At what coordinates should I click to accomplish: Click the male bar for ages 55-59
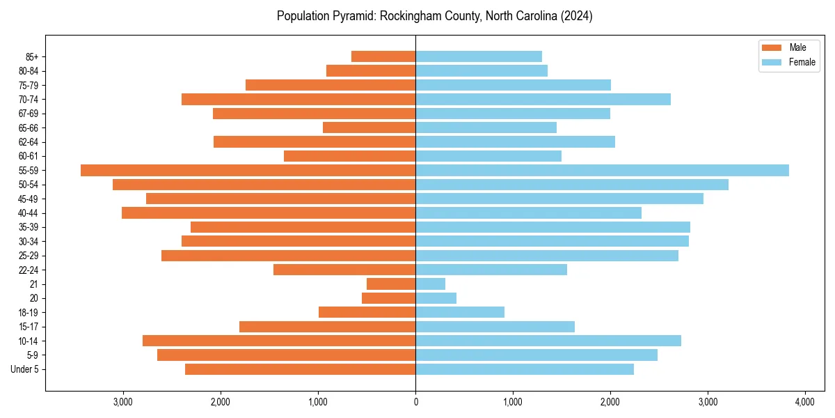(x=248, y=171)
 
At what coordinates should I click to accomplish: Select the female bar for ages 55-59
(x=602, y=171)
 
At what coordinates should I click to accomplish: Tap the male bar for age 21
(x=391, y=284)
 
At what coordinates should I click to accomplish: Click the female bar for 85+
(x=479, y=56)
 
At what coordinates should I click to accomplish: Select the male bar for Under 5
(x=300, y=369)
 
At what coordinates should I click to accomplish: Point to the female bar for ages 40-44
(x=528, y=213)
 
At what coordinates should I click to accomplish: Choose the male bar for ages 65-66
(x=369, y=127)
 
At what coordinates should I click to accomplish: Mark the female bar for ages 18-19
(x=460, y=312)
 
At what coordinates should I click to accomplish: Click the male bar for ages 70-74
(x=299, y=100)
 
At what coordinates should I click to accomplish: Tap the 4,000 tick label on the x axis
(x=805, y=402)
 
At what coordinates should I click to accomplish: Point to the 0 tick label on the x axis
(x=415, y=402)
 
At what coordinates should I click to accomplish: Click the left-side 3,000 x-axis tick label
(x=123, y=402)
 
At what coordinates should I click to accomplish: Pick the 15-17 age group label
(x=28, y=327)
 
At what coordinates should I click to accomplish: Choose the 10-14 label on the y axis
(x=28, y=341)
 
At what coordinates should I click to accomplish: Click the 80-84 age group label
(x=28, y=71)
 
